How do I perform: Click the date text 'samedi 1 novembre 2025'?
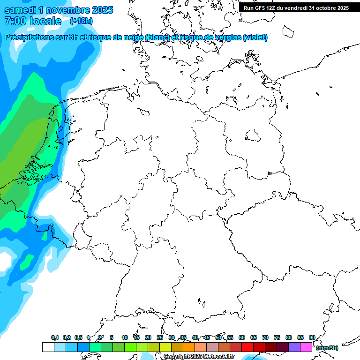(x=59, y=10)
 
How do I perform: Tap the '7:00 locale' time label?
(x=32, y=21)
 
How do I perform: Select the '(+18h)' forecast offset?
(x=81, y=21)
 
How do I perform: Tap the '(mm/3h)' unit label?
(x=327, y=348)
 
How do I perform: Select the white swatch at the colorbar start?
(x=48, y=347)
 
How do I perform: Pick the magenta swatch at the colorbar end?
(x=306, y=347)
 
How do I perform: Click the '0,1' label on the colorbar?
(x=55, y=338)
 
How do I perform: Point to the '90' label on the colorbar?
(x=312, y=337)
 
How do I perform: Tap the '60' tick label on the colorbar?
(x=242, y=337)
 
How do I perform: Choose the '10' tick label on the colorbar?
(x=125, y=337)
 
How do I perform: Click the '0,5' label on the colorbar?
(x=78, y=338)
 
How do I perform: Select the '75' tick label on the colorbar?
(x=277, y=337)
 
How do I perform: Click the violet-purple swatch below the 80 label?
(x=294, y=347)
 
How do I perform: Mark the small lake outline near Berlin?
(x=253, y=136)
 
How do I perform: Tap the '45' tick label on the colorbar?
(x=207, y=337)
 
